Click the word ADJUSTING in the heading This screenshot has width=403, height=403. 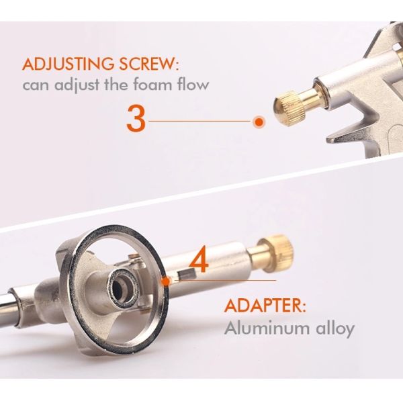coord(66,64)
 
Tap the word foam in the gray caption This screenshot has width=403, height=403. coord(153,85)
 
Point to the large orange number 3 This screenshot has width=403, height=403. coord(136,119)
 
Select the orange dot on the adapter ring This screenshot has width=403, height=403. coord(167,281)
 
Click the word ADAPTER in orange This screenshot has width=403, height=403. coord(265,306)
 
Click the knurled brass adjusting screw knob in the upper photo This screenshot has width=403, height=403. coord(289,107)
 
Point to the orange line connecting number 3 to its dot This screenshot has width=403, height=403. coord(199,121)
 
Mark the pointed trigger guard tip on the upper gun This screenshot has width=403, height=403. coord(328,140)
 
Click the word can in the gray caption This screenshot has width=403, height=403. coord(36,85)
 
